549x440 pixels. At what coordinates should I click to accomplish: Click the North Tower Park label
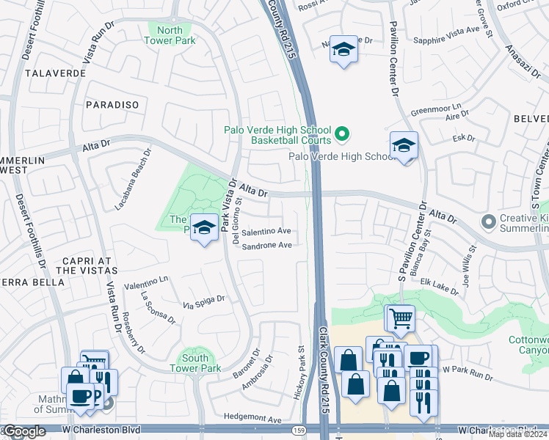(170, 35)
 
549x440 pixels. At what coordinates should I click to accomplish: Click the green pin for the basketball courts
(341, 134)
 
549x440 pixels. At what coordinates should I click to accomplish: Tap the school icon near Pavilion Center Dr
(404, 147)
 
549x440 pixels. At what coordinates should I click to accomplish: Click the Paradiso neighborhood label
(112, 105)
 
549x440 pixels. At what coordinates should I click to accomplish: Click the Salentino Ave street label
(266, 230)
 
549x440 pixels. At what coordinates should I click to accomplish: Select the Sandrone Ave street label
(267, 246)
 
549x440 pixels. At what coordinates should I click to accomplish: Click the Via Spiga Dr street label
(203, 299)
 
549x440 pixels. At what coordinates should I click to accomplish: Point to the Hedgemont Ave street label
(253, 419)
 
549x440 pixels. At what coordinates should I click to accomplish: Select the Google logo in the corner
(24, 431)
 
